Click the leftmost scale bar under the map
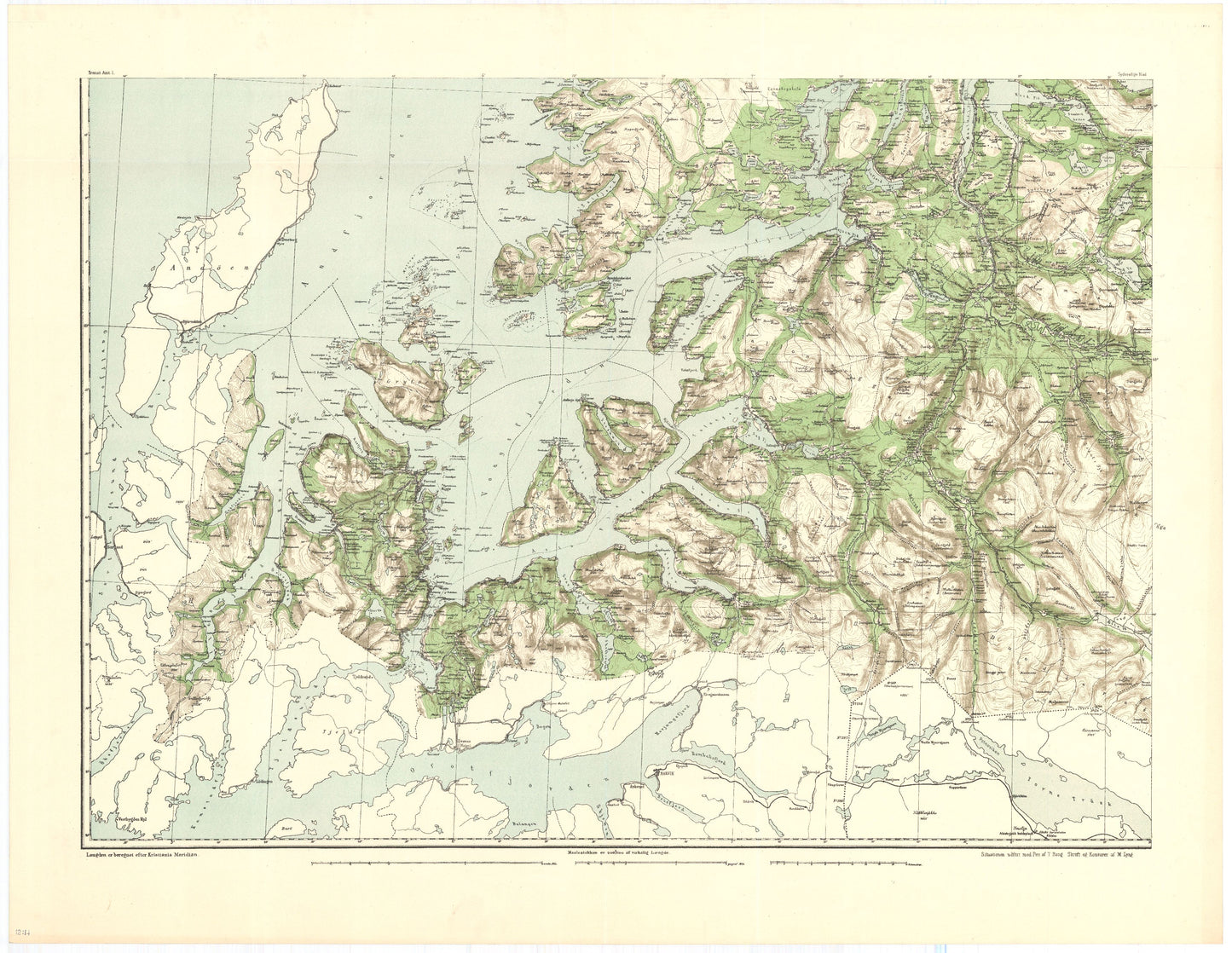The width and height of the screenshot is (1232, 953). click(426, 864)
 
